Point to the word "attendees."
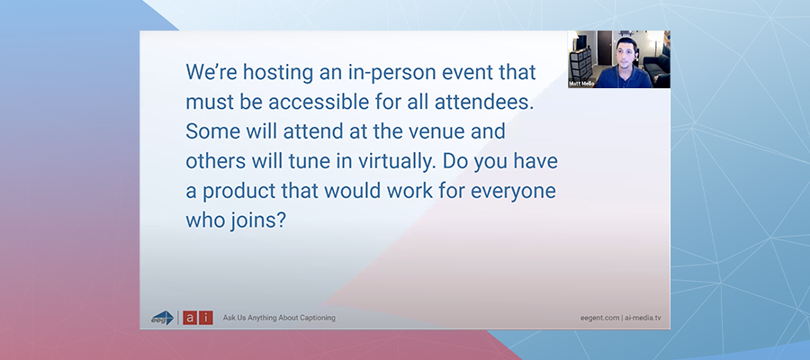pos(483,102)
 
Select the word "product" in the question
pos(238,192)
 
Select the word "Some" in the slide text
pos(210,131)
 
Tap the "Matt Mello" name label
pos(582,84)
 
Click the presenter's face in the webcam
pos(625,53)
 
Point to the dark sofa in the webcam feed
pos(657,68)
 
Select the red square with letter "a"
pos(190,318)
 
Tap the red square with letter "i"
pos(206,318)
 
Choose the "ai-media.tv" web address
pos(643,319)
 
